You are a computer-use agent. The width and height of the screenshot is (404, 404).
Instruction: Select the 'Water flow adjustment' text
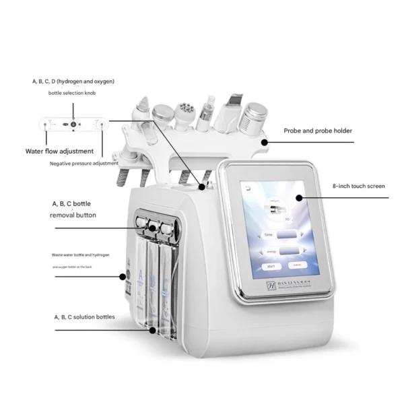click(64, 151)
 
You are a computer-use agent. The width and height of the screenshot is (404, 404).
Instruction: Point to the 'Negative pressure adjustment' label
click(84, 164)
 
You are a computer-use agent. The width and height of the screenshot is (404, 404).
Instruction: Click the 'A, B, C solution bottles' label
click(83, 316)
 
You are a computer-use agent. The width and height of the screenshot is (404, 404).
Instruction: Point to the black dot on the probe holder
click(264, 142)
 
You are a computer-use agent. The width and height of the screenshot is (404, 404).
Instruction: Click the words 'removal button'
click(73, 215)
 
